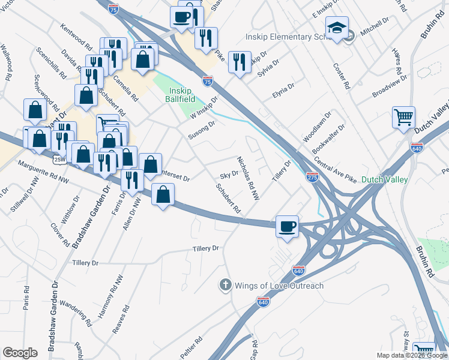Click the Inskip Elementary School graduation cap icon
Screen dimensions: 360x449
[337, 28]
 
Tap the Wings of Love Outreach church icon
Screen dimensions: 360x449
[225, 284]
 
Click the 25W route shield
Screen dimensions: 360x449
[59, 159]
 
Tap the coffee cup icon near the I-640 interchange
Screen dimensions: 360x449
[287, 226]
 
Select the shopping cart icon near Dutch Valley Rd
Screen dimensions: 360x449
[403, 116]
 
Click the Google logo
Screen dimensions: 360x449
[20, 352]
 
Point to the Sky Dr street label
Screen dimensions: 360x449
[229, 173]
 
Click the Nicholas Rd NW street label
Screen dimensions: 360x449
[248, 179]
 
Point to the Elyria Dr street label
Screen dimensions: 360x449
[283, 91]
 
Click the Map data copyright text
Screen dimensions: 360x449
[412, 355]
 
